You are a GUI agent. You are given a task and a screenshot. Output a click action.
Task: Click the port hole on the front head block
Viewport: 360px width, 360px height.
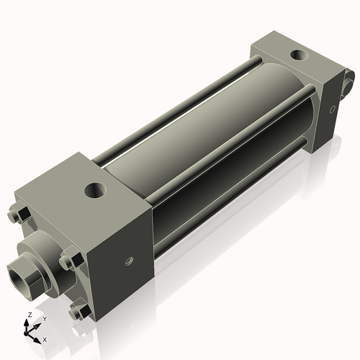tap(94, 191)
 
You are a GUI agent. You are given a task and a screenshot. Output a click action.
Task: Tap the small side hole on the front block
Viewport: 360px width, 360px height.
tap(130, 261)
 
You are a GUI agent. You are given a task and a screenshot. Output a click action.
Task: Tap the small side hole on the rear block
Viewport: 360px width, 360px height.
tap(332, 110)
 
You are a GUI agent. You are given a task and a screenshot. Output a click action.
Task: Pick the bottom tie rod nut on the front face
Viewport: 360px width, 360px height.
tap(81, 312)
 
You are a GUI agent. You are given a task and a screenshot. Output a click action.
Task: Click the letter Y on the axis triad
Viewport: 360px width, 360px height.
tap(44, 318)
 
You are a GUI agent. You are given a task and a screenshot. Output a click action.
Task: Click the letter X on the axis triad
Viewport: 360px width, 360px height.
tap(45, 338)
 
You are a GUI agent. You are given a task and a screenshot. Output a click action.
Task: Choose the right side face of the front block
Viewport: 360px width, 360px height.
tap(126, 252)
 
